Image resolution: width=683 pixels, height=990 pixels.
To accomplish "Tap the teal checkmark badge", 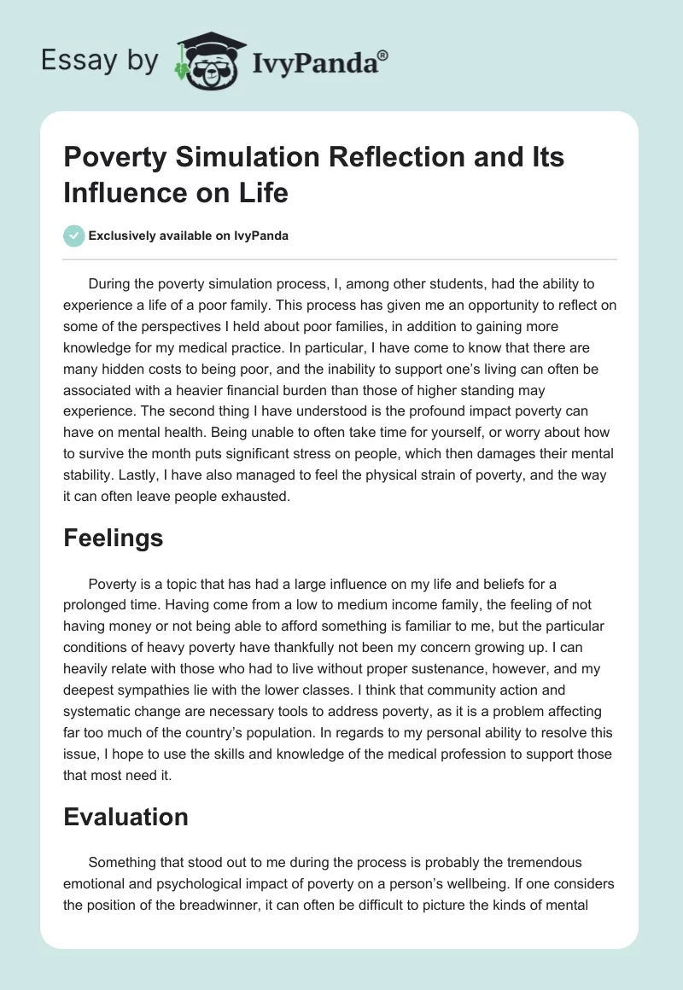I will [x=74, y=236].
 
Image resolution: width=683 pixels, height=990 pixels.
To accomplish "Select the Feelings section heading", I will [x=113, y=539].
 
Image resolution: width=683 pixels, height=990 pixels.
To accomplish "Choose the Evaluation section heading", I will [x=126, y=817].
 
